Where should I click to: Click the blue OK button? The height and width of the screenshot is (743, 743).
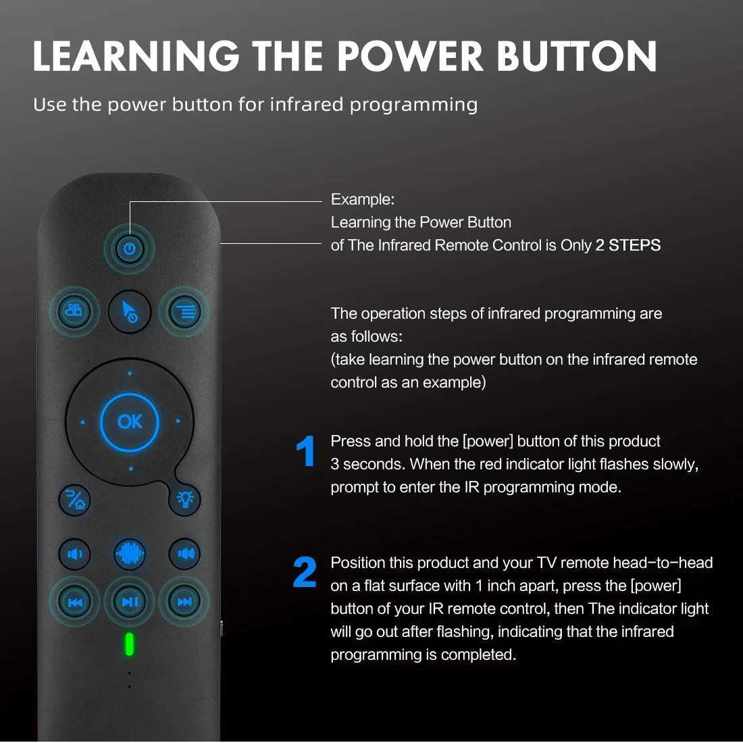click(130, 422)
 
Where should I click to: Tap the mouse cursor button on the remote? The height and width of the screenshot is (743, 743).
click(130, 311)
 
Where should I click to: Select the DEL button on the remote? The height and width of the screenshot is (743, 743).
click(74, 311)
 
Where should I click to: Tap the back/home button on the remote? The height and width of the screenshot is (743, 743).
click(74, 499)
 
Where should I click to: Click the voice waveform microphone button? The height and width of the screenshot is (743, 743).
click(130, 555)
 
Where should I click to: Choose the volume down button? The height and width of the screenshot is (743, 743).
click(74, 555)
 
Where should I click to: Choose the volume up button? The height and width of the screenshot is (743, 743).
click(185, 555)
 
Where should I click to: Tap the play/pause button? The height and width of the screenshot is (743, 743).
click(130, 602)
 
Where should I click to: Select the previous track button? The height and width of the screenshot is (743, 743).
click(74, 602)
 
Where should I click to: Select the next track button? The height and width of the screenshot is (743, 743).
click(185, 602)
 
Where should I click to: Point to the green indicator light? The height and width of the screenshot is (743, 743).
click(130, 644)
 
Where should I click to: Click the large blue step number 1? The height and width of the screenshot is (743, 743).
click(306, 452)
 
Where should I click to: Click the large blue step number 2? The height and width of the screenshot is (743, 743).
click(305, 573)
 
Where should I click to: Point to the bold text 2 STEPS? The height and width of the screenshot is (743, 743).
click(627, 245)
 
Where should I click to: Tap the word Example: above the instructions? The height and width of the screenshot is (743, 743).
click(362, 199)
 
